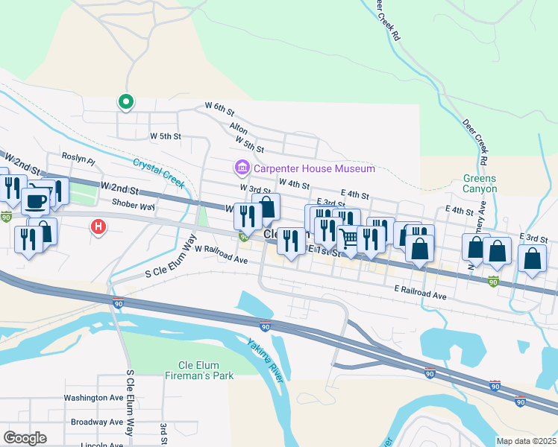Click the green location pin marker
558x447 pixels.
coord(126,101)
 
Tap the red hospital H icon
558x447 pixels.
coord(98,226)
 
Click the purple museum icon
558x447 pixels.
coord(242,169)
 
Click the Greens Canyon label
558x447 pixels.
coord(480,183)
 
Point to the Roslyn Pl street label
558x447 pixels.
coord(79,159)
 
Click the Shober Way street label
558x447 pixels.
coord(133,205)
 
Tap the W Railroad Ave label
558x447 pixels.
coord(221,258)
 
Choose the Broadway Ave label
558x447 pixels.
coord(96,422)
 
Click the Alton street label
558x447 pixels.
coord(238,129)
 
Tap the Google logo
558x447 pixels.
coord(25,438)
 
